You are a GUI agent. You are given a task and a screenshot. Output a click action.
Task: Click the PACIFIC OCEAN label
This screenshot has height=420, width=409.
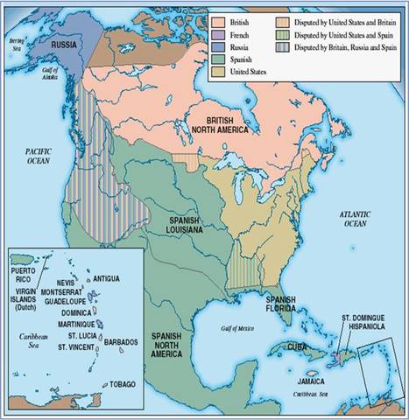tap(37, 157)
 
